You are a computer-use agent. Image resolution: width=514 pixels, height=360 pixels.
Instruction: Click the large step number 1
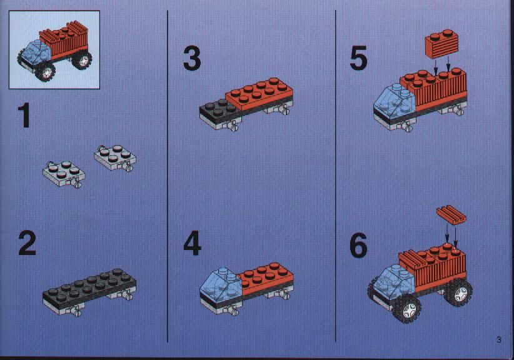coord(24,114)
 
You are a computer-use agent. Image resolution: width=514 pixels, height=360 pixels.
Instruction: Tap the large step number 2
coord(28,242)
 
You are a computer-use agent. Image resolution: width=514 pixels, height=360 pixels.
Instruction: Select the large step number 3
coord(192,58)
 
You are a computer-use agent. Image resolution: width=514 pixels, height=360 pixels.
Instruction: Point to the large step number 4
coord(193,243)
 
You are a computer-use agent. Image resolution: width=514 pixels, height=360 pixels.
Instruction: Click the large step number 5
coord(358,58)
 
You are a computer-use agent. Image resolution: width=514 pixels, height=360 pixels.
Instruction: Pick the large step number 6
coord(358,246)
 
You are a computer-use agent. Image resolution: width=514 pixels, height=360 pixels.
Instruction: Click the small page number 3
coord(498,339)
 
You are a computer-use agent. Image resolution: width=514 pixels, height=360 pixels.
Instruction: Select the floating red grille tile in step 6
coord(451,214)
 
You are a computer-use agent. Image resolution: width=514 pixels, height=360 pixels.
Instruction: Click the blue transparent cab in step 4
coord(221,283)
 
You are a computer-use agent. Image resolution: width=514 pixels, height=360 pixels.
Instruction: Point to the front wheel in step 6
coord(407,307)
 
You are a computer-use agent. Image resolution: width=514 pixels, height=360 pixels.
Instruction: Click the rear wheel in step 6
coord(458,292)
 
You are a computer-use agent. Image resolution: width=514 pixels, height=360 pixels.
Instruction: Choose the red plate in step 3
coord(259,94)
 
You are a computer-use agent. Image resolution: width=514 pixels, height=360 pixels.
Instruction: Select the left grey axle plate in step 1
coord(64,174)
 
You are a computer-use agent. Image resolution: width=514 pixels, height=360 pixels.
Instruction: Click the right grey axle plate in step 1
coord(115,158)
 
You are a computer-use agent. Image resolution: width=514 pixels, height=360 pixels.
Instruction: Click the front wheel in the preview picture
coord(45,71)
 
